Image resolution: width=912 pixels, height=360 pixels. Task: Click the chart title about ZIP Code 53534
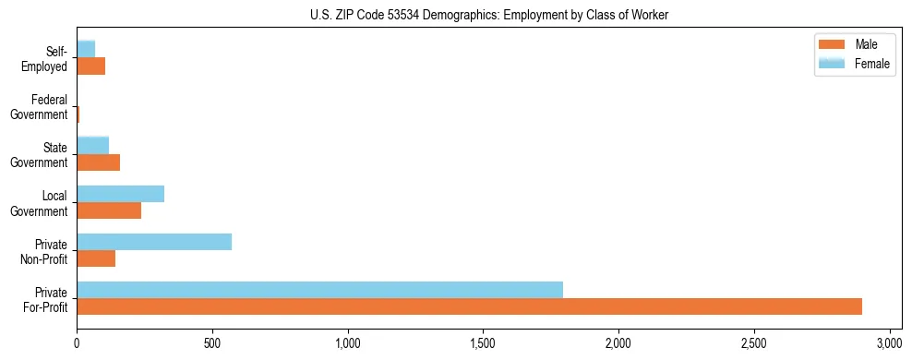(456, 16)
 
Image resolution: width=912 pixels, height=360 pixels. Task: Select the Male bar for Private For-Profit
(469, 306)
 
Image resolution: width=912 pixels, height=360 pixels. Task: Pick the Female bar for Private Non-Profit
(154, 242)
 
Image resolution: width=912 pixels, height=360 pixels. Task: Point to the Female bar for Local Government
(120, 194)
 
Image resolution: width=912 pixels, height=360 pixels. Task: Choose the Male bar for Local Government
(109, 210)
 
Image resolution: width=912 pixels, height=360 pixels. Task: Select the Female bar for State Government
(92, 146)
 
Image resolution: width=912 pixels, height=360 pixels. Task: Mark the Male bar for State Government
(98, 162)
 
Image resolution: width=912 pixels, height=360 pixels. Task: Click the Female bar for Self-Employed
(86, 49)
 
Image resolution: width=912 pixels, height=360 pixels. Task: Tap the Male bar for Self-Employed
(90, 66)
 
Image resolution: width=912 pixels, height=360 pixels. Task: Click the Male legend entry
(852, 44)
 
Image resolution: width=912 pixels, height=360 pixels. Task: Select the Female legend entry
(852, 63)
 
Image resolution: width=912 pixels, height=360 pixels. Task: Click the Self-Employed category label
(45, 58)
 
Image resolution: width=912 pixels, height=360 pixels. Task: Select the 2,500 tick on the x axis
(754, 342)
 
